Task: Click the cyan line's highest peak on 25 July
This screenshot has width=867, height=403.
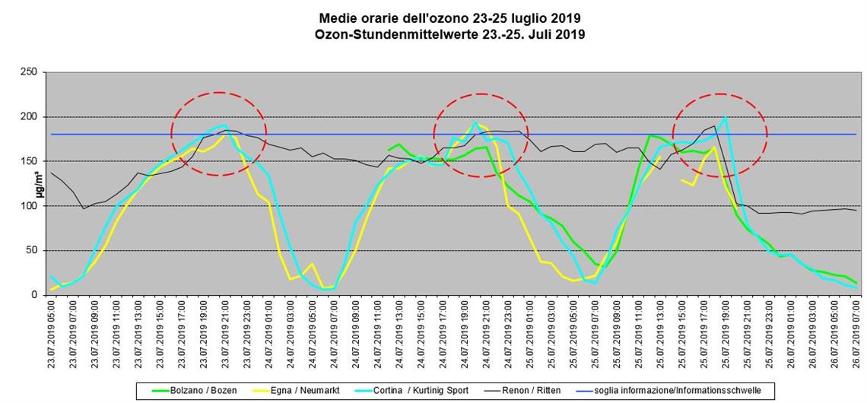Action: pos(725,118)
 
